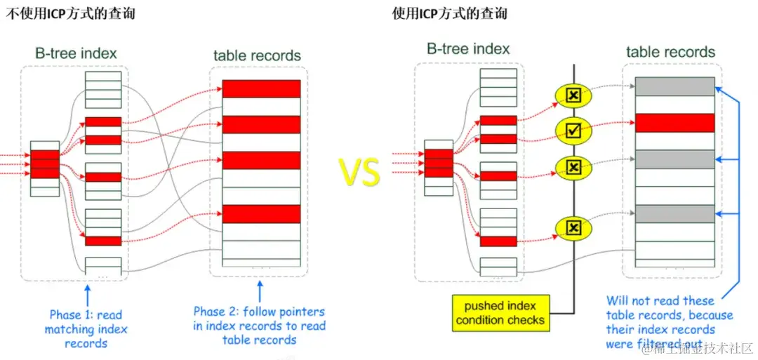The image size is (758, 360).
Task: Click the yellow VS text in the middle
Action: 360,171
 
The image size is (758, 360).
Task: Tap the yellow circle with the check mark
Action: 573,130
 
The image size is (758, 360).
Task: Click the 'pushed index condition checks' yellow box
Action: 500,313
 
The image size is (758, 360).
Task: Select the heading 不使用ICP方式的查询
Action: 70,14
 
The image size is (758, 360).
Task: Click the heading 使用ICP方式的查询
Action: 450,14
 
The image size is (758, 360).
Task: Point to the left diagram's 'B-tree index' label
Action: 77,53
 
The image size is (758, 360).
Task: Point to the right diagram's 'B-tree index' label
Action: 468,48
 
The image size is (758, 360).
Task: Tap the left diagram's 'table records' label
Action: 257,55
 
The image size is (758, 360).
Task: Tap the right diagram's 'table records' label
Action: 670,52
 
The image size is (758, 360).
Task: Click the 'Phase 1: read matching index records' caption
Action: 85,328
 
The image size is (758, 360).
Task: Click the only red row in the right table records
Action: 674,123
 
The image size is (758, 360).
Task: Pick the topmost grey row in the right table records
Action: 674,86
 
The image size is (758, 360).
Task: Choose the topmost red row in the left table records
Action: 261,88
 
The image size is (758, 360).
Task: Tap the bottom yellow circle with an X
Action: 573,227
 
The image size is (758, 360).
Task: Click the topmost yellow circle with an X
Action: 573,95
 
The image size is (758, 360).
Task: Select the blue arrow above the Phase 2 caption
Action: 260,291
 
